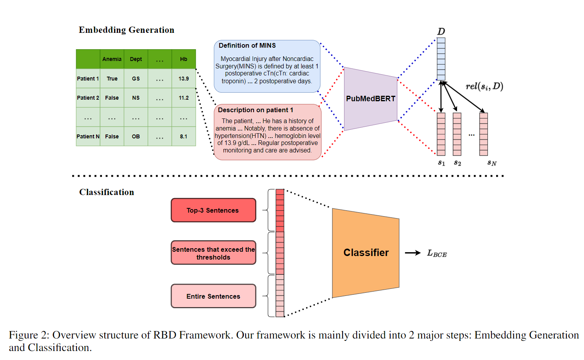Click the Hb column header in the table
pos(184,59)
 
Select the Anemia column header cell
pos(112,59)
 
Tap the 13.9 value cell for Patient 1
pos(184,79)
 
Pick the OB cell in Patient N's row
pos(136,136)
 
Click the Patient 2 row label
pos(88,98)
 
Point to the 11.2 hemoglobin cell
pos(184,98)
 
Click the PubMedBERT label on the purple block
pos(371,99)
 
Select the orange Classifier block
pos(366,253)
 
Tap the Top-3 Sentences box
pos(213,210)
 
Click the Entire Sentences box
pos(213,296)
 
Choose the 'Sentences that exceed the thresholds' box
pos(213,253)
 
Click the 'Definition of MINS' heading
pos(247,45)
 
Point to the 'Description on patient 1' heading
pos(255,110)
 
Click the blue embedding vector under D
pos(441,59)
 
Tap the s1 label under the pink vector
pos(441,163)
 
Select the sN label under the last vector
pos(492,163)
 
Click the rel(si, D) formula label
pos(484,86)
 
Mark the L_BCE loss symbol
pos(437,253)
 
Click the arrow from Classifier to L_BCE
pos(413,253)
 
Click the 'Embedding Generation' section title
pos(127,30)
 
